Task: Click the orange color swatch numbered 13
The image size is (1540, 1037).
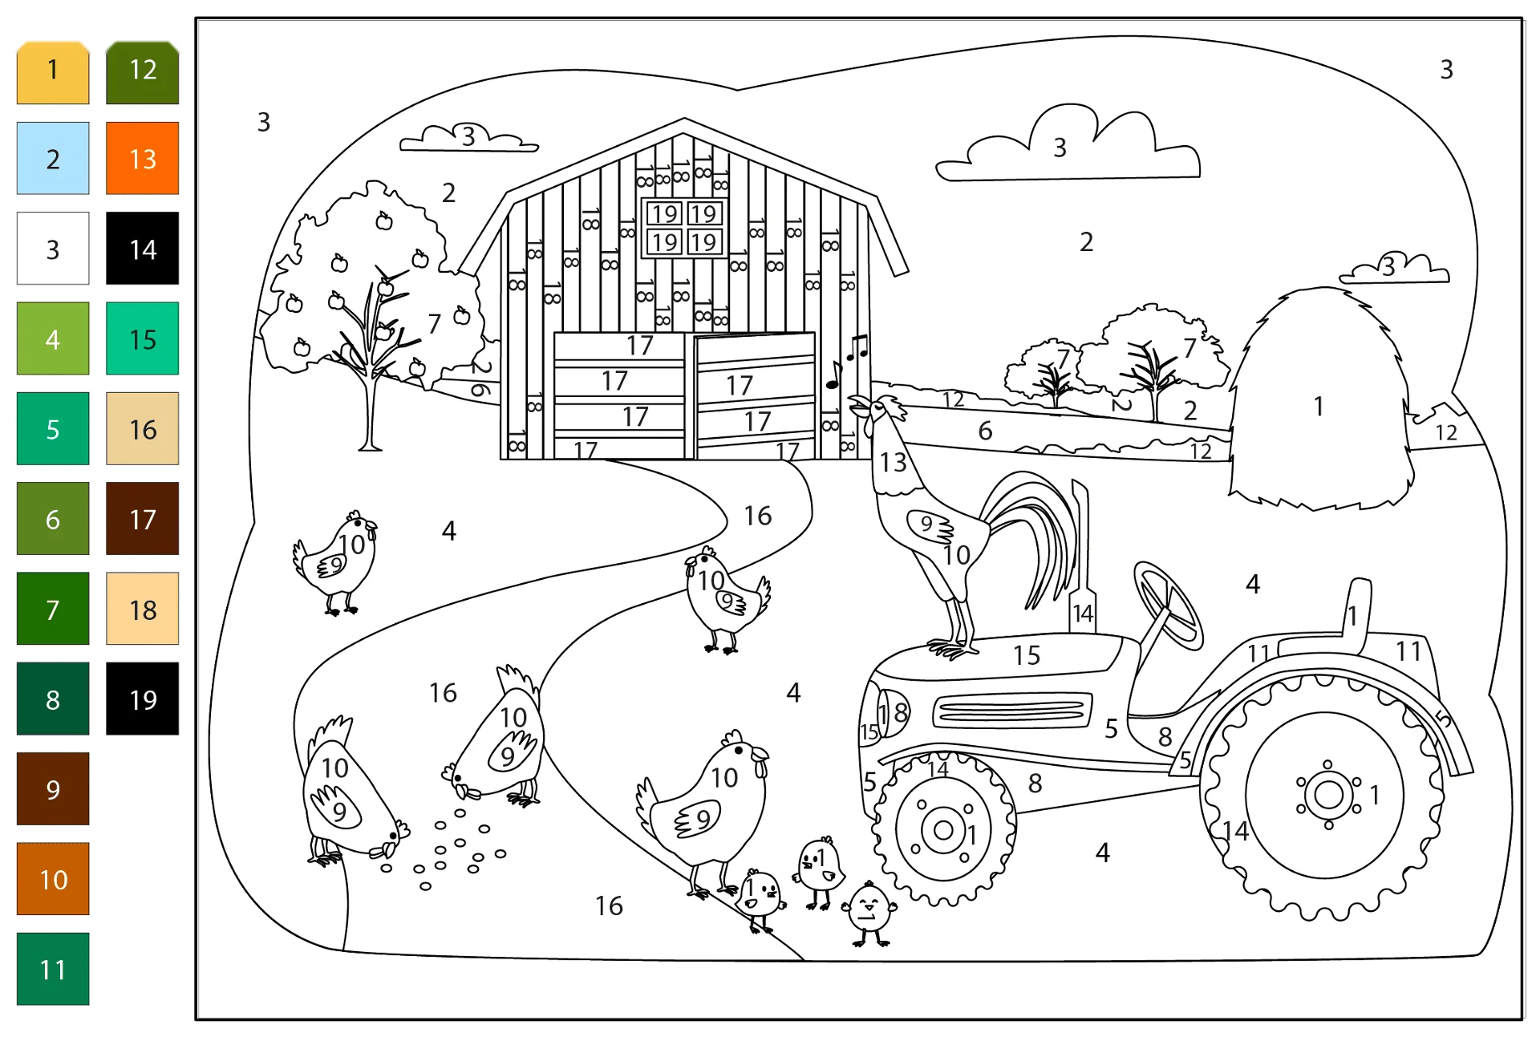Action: tap(142, 158)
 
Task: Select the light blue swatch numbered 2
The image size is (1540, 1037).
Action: tap(53, 158)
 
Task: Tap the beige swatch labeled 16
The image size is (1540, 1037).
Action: tap(142, 428)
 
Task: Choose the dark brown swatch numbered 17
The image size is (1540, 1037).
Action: tap(142, 518)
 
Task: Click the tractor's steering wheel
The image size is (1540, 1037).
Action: tap(1169, 606)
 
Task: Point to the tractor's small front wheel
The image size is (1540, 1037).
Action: tap(944, 829)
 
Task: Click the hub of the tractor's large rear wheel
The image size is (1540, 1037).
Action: tap(1328, 795)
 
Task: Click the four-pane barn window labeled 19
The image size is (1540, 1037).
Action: tap(684, 228)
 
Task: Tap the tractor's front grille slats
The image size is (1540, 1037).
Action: tap(1011, 710)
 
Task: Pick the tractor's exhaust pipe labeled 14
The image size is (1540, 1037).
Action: tap(1082, 557)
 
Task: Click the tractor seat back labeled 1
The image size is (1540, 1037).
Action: tap(1356, 614)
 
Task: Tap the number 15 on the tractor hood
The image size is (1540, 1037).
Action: tap(1027, 655)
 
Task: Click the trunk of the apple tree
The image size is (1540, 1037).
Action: tap(370, 409)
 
